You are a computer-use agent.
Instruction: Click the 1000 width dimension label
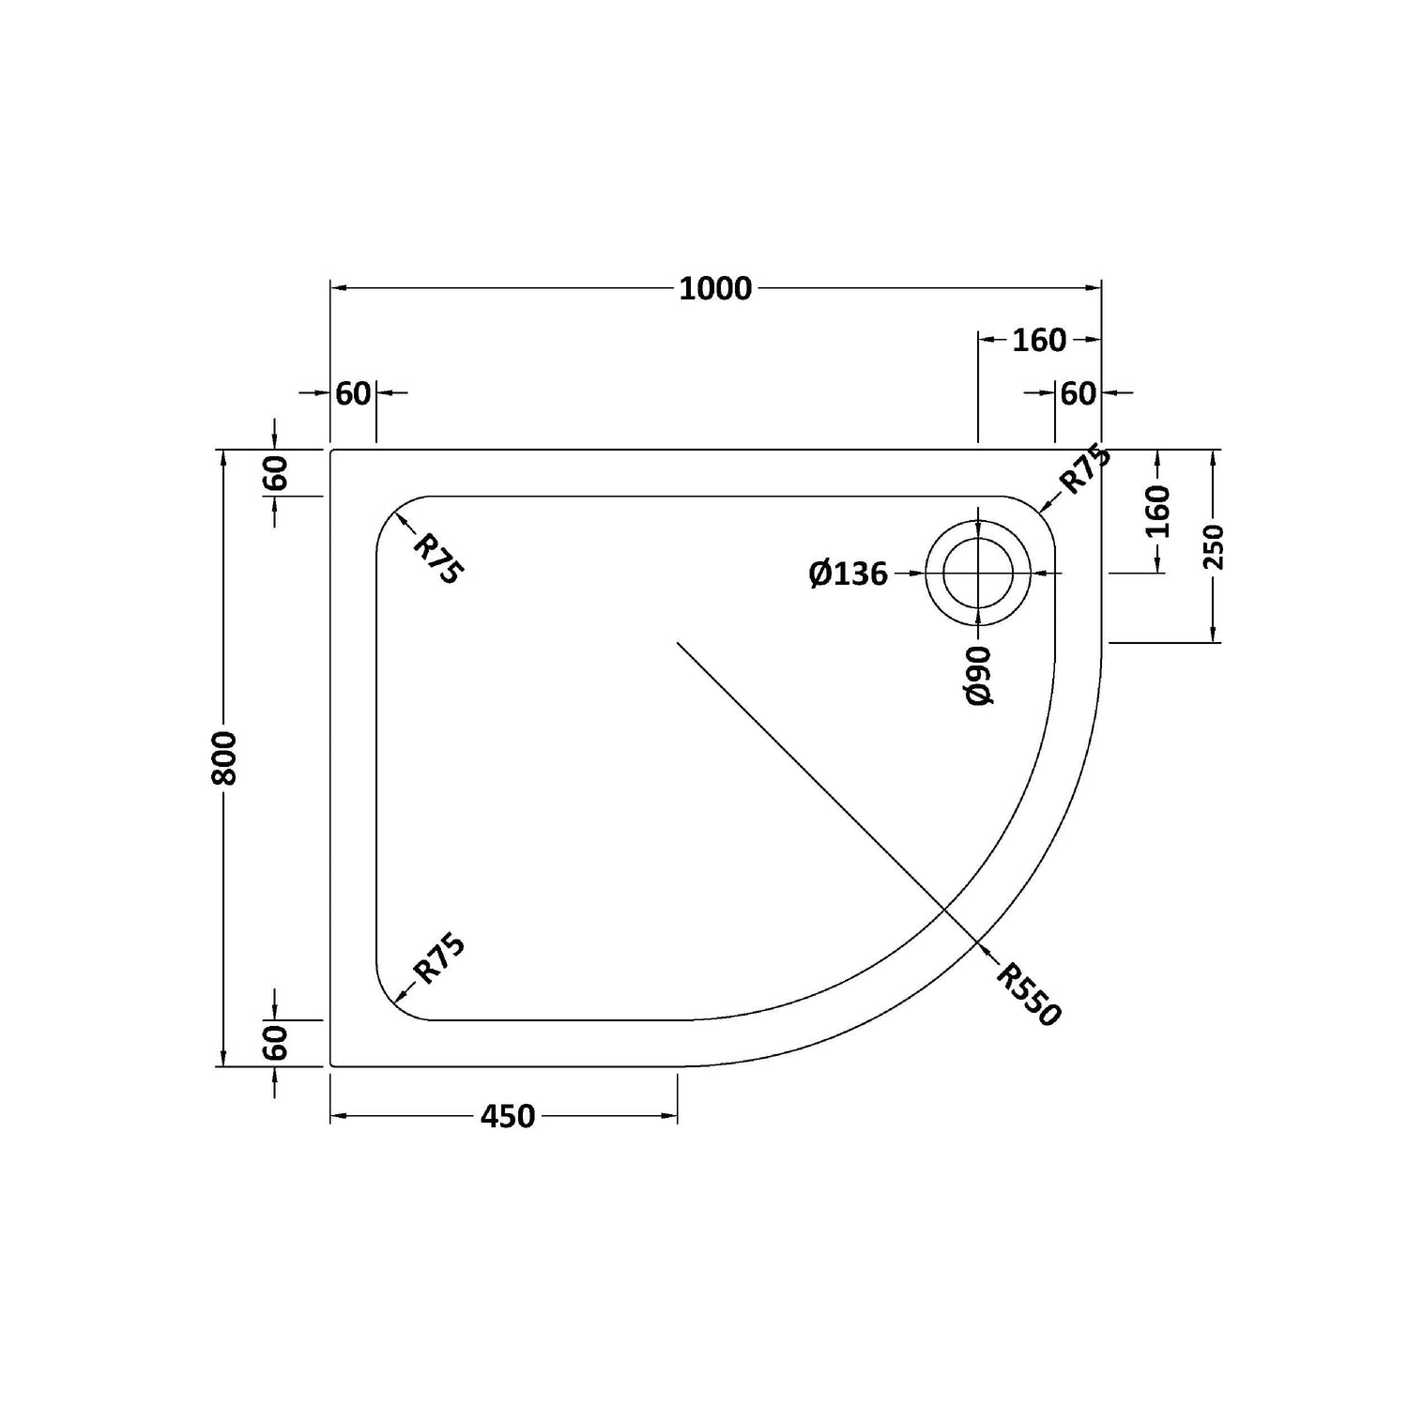click(715, 288)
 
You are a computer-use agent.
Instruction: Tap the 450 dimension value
click(508, 1116)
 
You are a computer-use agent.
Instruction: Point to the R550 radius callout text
click(1028, 995)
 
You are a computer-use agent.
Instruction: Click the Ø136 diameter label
click(849, 573)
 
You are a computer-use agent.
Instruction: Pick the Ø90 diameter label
click(978, 675)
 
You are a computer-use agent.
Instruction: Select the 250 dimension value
click(1215, 546)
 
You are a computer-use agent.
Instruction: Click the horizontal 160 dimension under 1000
click(1039, 340)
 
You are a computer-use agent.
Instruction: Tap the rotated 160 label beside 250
click(1158, 512)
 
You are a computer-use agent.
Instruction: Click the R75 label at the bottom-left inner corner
click(439, 958)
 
